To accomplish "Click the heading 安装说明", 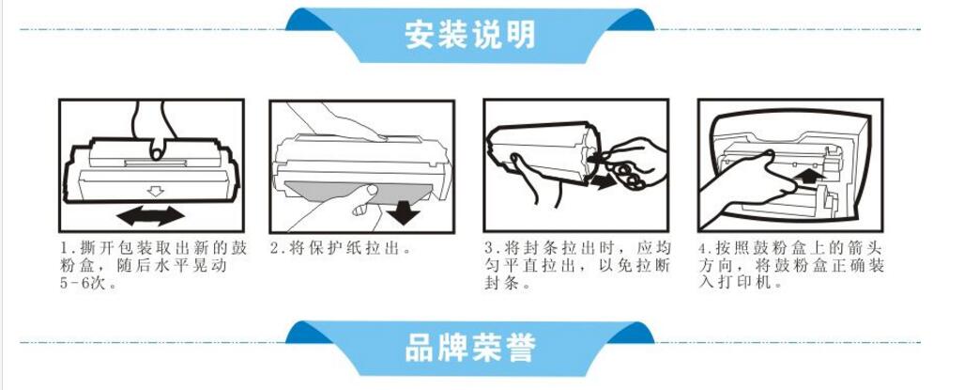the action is point(469,36).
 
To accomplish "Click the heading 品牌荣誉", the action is point(469,349).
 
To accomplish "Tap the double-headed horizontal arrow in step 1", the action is point(150,216).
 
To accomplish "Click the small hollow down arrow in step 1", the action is point(156,192).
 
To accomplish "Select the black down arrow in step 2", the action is point(404,212).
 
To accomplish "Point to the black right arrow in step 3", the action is point(602,180).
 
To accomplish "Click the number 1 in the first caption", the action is point(64,248).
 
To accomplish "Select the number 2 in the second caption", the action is point(275,248).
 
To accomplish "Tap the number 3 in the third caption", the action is point(489,248).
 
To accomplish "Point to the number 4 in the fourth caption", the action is point(703,249).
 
